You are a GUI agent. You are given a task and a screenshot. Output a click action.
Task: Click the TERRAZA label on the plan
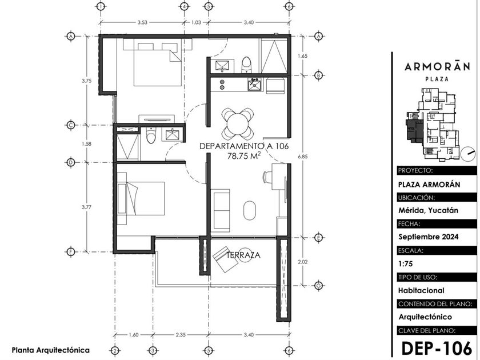243,255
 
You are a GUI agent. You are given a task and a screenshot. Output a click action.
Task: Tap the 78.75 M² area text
244,155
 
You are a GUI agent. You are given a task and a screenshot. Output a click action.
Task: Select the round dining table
238,123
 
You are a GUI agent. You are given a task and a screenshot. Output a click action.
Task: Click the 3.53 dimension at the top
142,22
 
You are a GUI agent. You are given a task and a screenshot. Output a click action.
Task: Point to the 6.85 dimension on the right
303,157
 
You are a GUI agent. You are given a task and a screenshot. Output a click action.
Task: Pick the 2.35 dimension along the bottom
181,335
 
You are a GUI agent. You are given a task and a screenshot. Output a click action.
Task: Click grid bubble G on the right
318,285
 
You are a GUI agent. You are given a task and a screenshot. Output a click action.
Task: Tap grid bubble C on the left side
71,125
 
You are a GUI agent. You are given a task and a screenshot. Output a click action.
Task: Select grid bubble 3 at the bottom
153,350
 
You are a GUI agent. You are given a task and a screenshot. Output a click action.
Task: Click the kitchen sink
255,84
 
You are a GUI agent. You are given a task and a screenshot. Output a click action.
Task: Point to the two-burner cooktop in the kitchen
222,85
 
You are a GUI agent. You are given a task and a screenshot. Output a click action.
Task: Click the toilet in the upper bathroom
246,65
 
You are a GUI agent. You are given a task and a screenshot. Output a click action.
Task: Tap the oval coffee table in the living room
250,210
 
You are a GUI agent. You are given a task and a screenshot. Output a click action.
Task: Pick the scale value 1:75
406,263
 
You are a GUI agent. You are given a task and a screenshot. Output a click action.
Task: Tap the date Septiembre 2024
428,237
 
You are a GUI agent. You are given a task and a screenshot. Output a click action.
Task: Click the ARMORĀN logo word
437,66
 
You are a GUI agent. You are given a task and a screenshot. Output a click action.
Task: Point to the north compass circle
467,154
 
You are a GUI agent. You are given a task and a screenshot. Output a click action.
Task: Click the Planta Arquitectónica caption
51,350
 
